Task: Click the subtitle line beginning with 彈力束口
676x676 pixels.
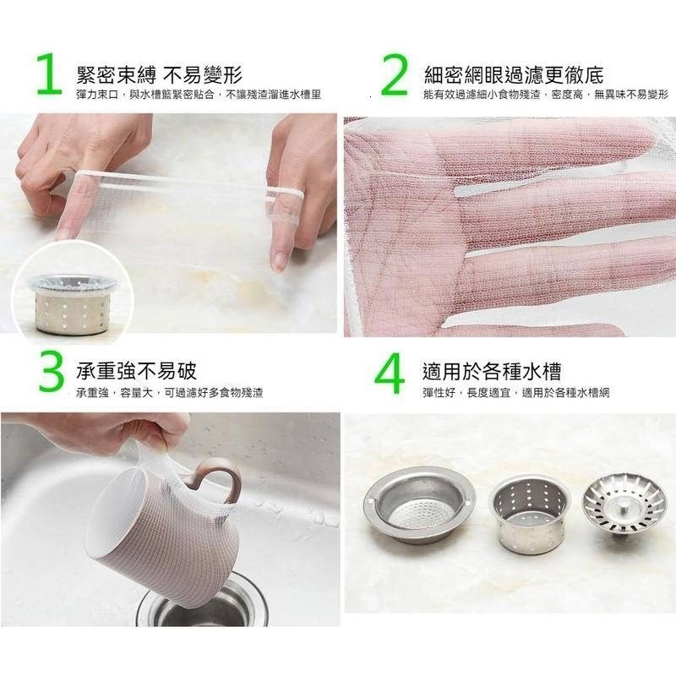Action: [198, 95]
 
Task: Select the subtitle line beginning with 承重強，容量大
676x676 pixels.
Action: [169, 393]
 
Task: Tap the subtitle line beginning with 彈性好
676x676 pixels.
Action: [516, 393]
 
